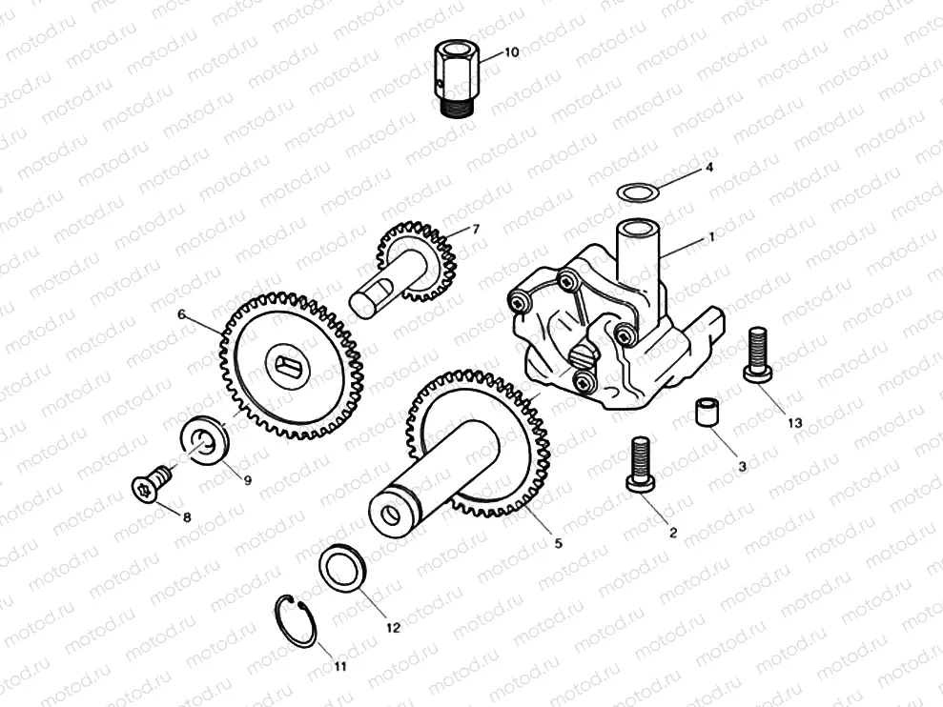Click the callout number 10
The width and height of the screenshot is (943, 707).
[x=512, y=51]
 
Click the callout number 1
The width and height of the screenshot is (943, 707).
[x=709, y=237]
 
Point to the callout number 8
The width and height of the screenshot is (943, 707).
[x=186, y=517]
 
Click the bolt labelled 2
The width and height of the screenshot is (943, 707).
[x=640, y=463]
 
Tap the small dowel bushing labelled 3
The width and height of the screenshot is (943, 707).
[x=706, y=414]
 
